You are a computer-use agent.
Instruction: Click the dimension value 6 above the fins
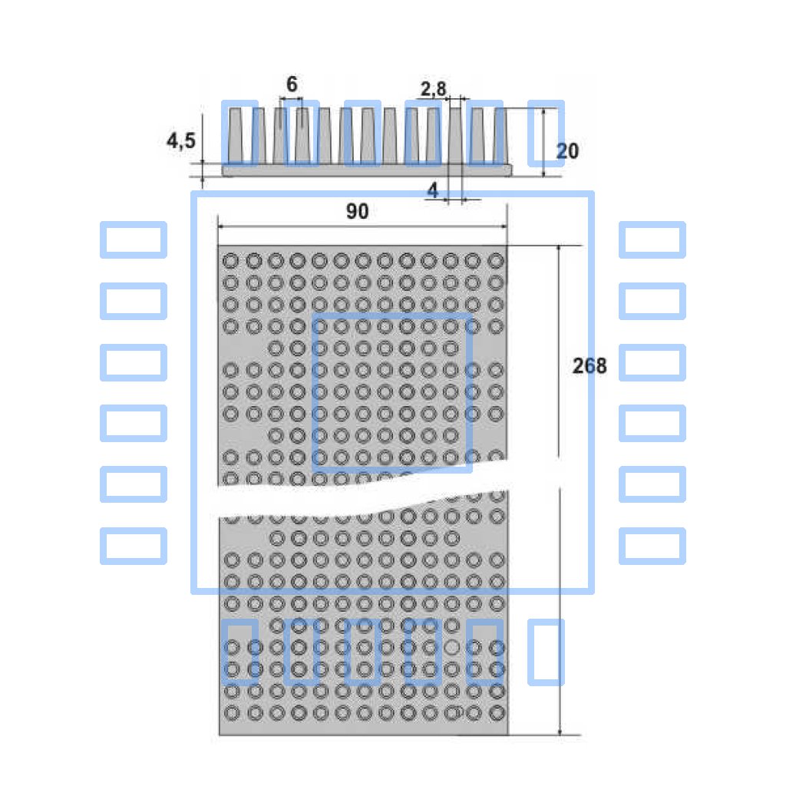tap(292, 84)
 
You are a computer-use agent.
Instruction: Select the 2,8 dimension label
tap(433, 89)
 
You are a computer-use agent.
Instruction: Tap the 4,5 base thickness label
tap(181, 140)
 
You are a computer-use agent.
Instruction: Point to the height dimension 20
tap(567, 151)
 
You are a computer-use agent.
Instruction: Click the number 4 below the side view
tap(433, 190)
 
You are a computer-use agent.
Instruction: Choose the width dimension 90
tap(358, 211)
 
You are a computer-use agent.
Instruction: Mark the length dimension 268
tap(589, 366)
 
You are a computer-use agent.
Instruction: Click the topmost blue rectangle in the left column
tap(134, 239)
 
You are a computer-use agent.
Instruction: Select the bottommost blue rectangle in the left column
tap(134, 546)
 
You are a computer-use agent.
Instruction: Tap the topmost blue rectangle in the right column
tap(652, 239)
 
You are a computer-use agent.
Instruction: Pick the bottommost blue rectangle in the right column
tap(652, 546)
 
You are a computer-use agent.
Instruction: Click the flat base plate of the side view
tap(368, 170)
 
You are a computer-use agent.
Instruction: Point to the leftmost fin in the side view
tap(236, 136)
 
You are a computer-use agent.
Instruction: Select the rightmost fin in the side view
tap(500, 136)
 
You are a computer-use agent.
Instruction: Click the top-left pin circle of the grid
tap(230, 261)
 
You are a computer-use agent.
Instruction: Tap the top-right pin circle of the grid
tap(496, 261)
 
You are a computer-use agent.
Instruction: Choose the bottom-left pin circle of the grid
tap(232, 713)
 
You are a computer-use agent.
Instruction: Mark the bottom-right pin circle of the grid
tap(497, 713)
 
